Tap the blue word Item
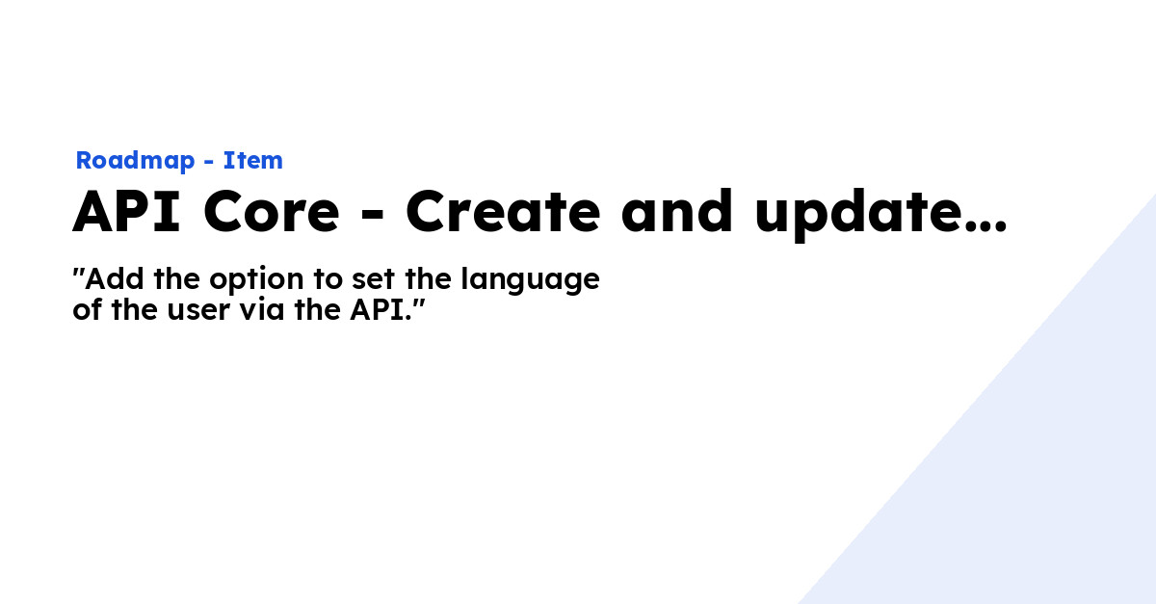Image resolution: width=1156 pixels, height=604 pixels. [252, 161]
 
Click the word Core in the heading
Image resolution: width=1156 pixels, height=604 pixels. [272, 213]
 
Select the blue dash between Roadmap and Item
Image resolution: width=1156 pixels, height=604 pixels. [209, 163]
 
